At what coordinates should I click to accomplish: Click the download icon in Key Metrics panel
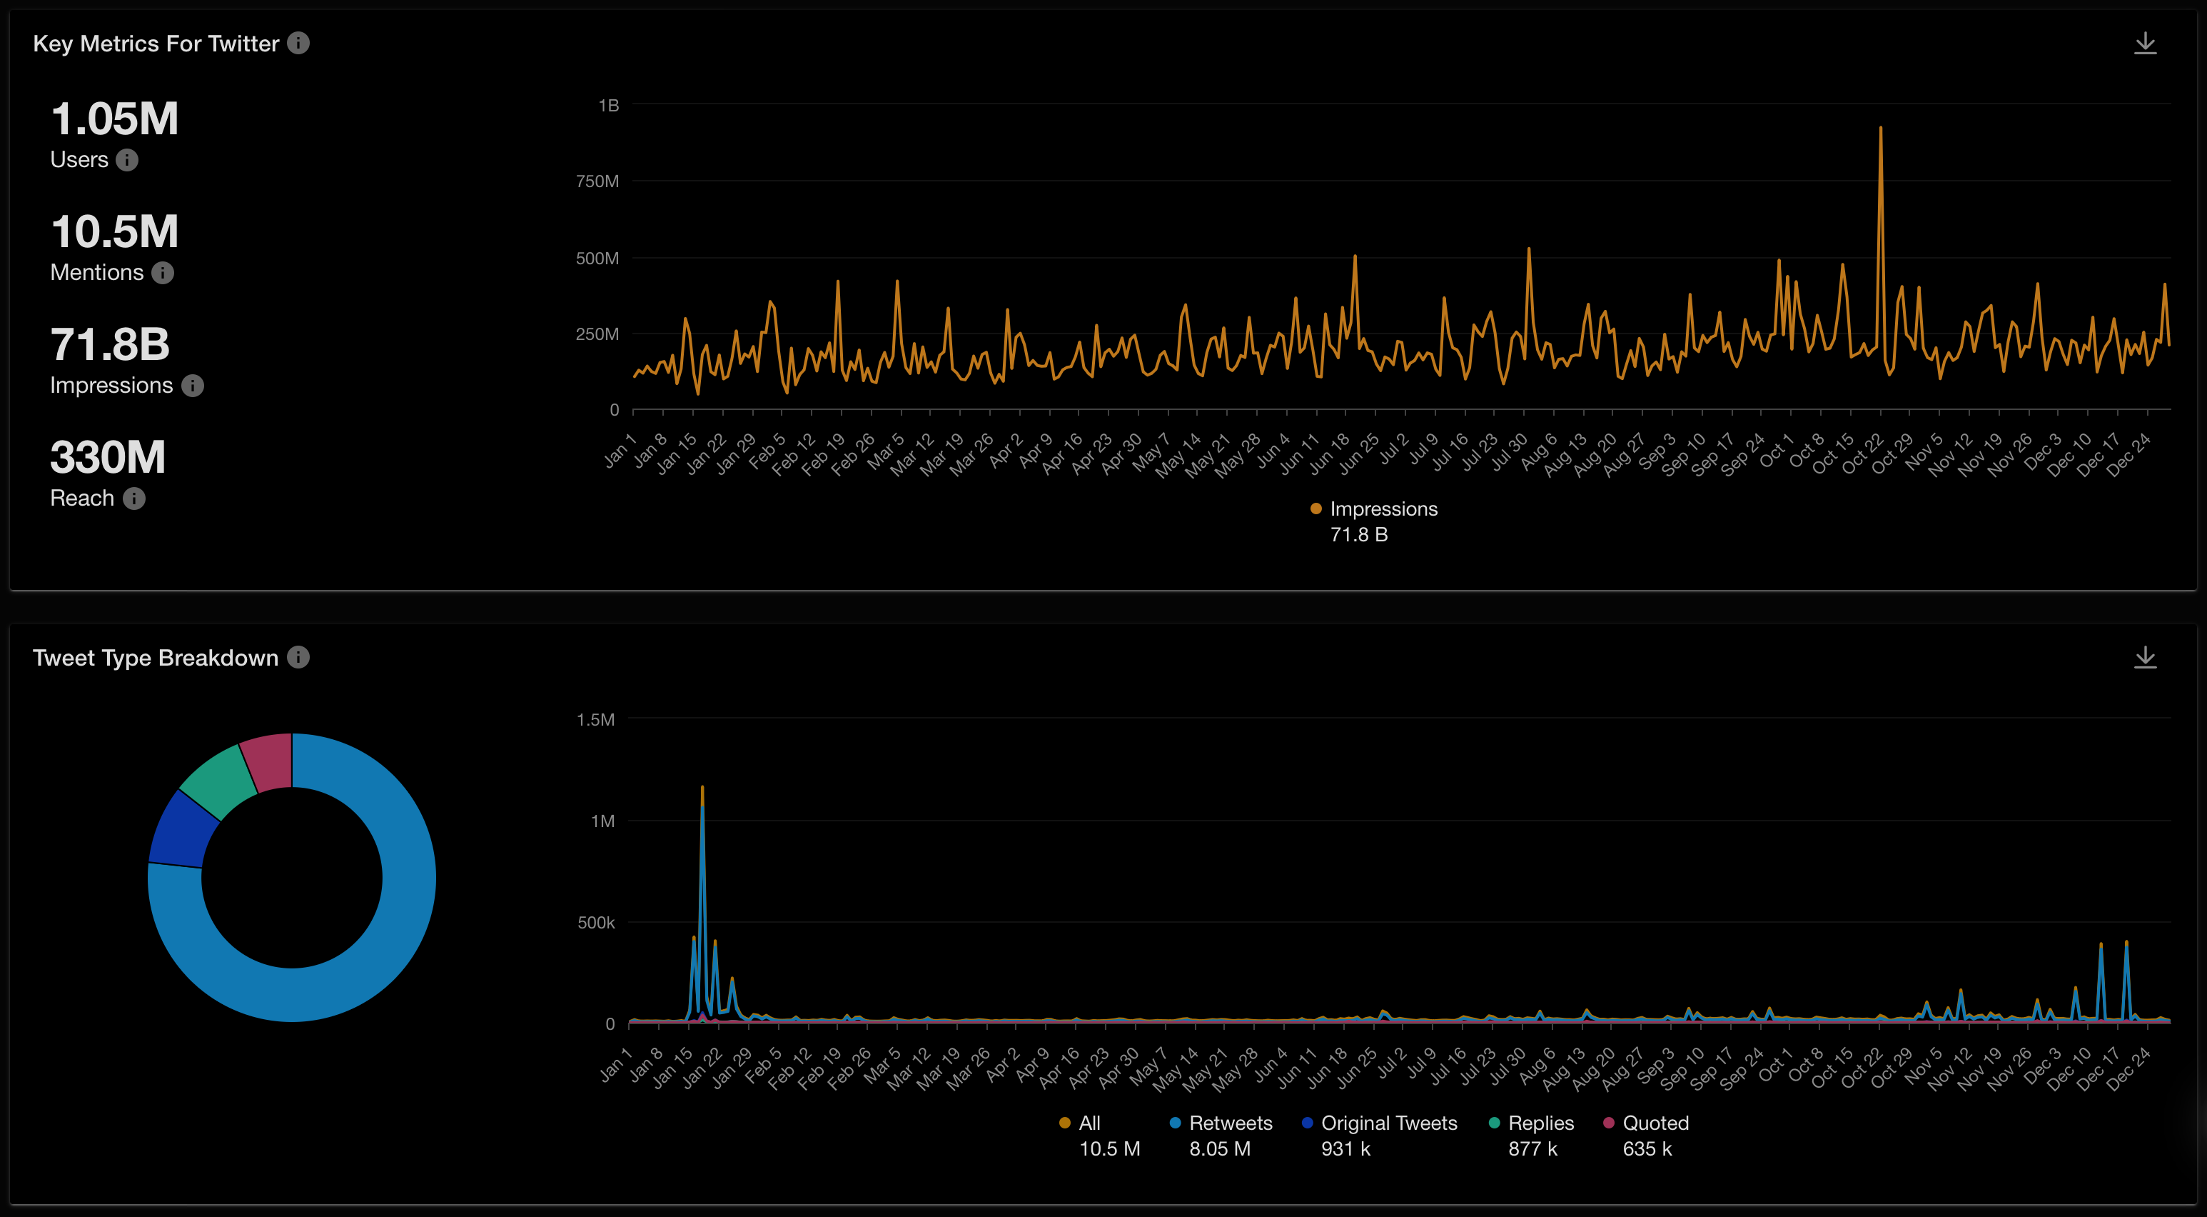pos(2144,43)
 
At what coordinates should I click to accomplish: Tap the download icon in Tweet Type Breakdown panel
pos(2144,657)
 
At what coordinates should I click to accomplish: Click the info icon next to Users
pos(127,160)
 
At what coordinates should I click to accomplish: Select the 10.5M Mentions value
pos(115,232)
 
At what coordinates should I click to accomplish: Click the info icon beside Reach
pos(133,499)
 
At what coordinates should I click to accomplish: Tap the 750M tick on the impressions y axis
pos(597,181)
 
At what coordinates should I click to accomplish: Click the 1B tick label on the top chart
pos(608,106)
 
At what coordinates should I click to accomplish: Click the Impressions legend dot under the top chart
pos(1315,509)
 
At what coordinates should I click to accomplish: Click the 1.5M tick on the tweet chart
pos(595,720)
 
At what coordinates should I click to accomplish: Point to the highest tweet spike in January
pos(702,788)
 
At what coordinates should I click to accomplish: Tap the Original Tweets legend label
pos(1388,1123)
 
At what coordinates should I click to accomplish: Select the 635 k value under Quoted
pos(1647,1148)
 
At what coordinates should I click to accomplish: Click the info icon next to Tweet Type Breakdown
pos(298,657)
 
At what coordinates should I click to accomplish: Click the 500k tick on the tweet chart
pos(595,923)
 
